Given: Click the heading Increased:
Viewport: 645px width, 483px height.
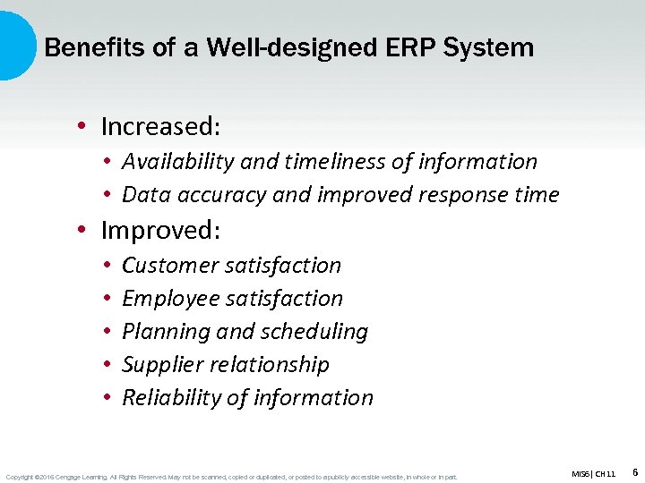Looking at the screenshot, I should [160, 127].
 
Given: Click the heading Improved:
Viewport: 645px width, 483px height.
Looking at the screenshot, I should [160, 231].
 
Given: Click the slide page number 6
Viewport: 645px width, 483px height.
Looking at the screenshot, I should [634, 471].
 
